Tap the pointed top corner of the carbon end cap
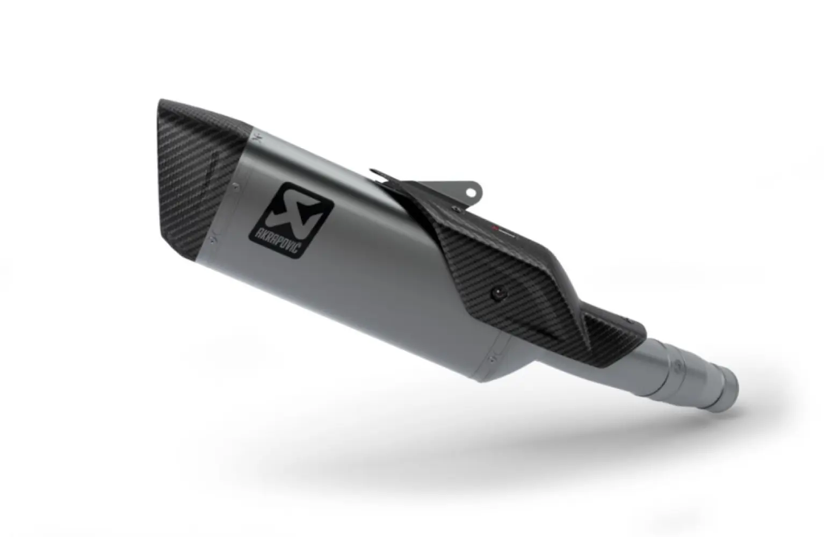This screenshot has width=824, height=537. click(x=162, y=101)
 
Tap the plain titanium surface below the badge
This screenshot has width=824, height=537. click(x=344, y=290)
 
